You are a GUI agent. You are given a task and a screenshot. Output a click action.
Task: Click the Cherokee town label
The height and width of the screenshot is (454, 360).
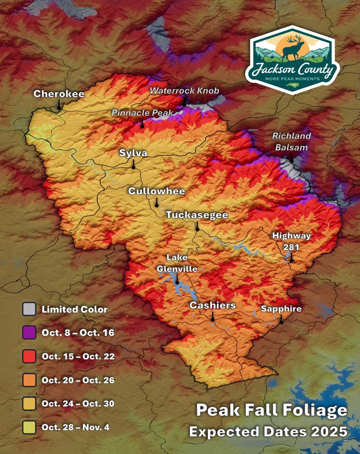[59, 94]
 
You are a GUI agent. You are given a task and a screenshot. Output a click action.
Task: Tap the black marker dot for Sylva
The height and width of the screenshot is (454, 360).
[133, 167]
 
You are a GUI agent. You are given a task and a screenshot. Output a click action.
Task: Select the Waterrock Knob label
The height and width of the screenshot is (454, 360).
[184, 91]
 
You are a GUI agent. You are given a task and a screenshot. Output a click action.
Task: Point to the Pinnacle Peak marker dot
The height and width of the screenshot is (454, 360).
[142, 126]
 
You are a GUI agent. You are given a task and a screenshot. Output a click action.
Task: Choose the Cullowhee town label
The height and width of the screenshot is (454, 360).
[157, 191]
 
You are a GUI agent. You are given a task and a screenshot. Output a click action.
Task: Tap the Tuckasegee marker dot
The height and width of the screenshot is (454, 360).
[197, 229]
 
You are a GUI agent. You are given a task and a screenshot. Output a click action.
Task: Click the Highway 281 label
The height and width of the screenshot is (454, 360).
[292, 241]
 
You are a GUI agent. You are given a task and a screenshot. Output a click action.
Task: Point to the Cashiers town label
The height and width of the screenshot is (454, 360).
[213, 305]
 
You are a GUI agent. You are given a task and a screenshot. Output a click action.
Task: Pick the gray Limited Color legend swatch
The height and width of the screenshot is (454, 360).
[29, 309]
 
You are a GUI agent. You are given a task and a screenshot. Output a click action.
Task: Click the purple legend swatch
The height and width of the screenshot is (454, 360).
[29, 333]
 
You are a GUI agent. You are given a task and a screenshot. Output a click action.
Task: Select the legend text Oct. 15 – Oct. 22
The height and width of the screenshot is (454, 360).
[78, 356]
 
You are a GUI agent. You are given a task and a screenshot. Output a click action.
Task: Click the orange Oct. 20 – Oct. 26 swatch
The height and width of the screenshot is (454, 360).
[29, 380]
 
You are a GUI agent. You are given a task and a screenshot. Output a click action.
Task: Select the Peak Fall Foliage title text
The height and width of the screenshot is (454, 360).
[271, 410]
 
